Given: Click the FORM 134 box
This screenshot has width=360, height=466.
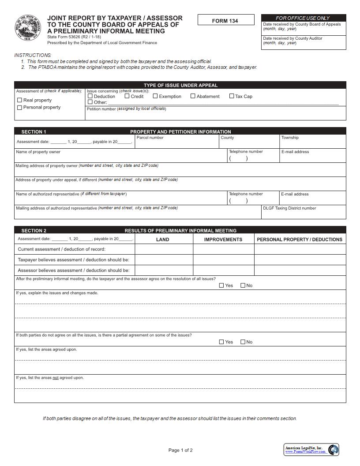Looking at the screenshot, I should tap(225, 20).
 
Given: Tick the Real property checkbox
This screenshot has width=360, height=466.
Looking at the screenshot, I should tap(19, 100).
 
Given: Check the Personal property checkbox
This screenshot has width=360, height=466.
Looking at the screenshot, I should tap(19, 107).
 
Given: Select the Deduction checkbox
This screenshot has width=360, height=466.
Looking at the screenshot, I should tap(90, 96).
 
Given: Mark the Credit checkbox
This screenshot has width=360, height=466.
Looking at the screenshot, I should tap(127, 96).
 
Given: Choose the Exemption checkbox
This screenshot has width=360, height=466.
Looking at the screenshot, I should tap(155, 96).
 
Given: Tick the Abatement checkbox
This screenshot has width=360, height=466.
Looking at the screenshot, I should tap(193, 96).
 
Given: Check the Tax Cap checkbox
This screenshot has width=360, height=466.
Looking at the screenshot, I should tap(232, 96).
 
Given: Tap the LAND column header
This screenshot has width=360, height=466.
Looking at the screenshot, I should tap(163, 240).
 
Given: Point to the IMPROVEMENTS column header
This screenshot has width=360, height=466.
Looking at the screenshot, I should tap(223, 240).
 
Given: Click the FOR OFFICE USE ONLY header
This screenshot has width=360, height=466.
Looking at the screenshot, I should tap(303, 18).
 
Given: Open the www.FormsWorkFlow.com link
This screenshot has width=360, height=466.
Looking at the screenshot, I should tap(305, 452).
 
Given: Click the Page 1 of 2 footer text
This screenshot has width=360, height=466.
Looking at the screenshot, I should tap(180, 450).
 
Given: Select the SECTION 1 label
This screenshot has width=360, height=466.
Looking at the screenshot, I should tap(34, 132).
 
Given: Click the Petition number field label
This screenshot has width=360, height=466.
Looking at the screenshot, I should tap(126, 109).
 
